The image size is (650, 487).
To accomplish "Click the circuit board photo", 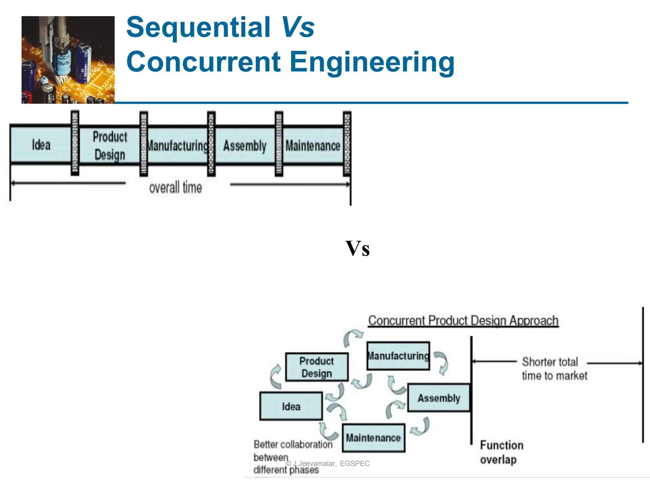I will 68,60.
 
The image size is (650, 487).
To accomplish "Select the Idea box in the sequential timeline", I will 41,145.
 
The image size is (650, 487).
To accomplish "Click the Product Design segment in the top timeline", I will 109,146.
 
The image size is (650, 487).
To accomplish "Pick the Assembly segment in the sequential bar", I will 245,146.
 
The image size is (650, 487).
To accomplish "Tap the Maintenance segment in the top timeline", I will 313,146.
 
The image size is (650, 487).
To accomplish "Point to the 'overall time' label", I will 176,188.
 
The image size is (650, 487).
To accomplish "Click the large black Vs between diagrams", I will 357,249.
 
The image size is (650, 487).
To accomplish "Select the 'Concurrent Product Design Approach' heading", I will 463,321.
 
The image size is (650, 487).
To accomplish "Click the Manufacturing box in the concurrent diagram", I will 398,356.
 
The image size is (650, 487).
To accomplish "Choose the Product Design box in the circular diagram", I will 316,367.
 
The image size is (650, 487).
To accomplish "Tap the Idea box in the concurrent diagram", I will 291,406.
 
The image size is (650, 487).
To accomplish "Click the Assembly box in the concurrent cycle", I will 439,398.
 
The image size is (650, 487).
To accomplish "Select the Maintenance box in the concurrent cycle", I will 373,438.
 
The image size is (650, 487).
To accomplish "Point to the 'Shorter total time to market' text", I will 554,369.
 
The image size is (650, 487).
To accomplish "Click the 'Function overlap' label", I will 501,452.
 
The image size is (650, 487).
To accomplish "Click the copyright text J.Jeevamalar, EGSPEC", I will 330,464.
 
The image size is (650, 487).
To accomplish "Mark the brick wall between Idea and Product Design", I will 75,143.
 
